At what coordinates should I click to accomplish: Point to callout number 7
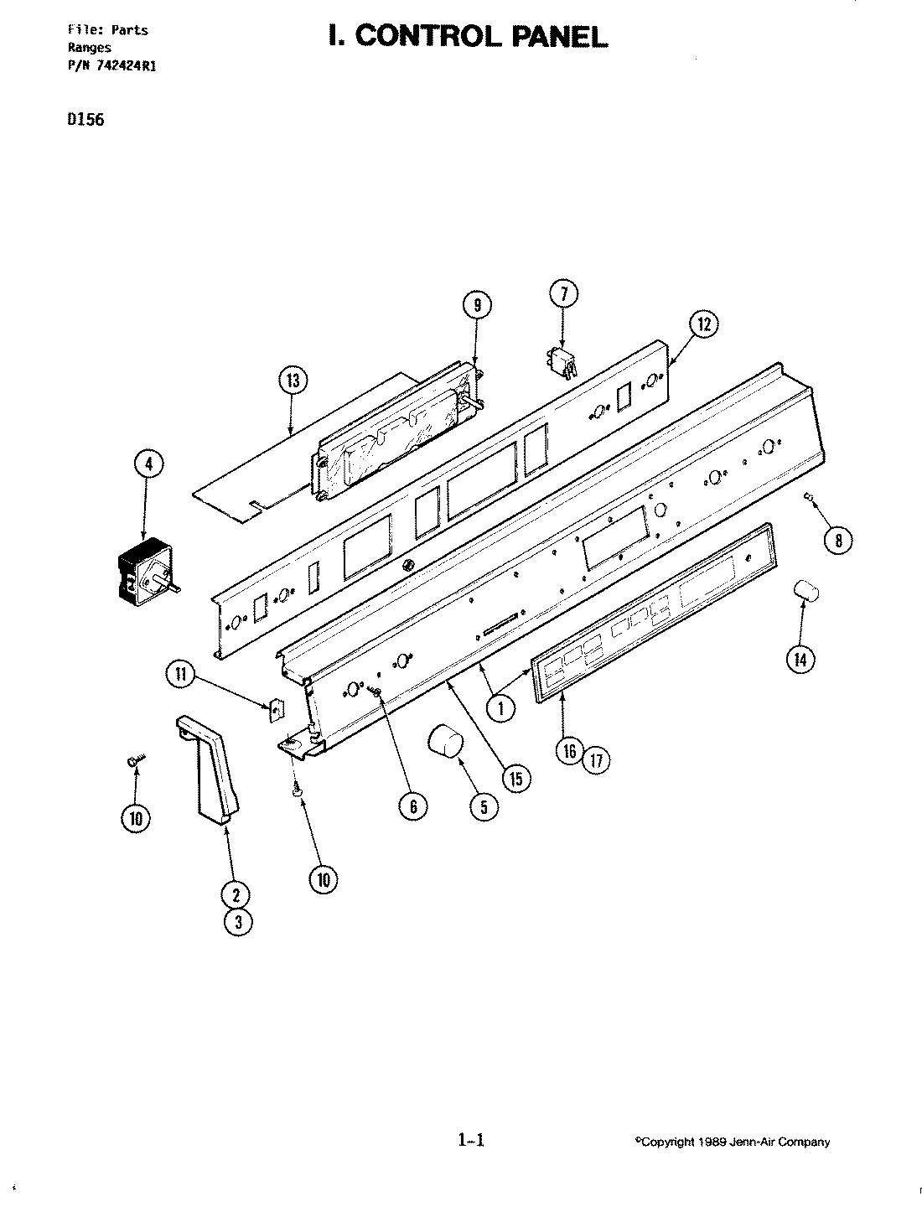click(x=563, y=293)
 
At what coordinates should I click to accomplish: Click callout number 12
click(x=704, y=324)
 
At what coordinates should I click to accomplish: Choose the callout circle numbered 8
click(x=836, y=541)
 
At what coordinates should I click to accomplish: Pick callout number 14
click(x=800, y=660)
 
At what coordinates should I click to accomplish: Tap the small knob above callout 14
click(x=805, y=593)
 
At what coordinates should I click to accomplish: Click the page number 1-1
click(x=472, y=1140)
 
